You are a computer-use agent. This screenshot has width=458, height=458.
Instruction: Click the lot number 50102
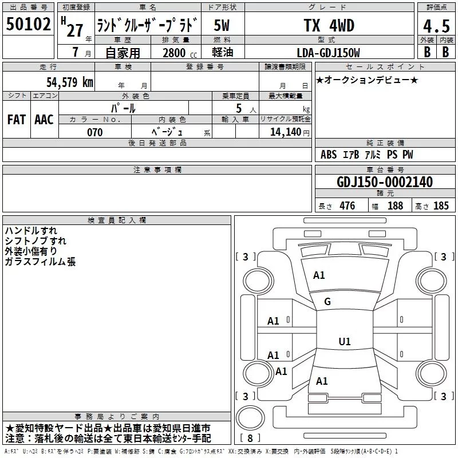[x=29, y=25]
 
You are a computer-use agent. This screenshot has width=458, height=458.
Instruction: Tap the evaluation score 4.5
[x=436, y=26]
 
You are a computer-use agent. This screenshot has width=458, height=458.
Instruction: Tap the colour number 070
[x=94, y=132]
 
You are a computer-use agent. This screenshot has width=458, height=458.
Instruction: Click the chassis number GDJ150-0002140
[x=384, y=182]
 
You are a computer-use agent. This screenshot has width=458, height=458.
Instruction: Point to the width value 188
[x=395, y=206]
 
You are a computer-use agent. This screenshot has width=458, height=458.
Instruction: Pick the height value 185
[x=441, y=206]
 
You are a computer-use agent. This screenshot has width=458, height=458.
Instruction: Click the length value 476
[x=347, y=206]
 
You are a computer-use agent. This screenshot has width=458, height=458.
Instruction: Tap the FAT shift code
[x=16, y=119]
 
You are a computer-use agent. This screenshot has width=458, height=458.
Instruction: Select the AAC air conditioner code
[x=44, y=119]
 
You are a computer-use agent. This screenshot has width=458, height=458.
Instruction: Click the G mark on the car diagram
[x=327, y=302]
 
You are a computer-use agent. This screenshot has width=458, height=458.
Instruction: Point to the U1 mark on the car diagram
[x=344, y=342]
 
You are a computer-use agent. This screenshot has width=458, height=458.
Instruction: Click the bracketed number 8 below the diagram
[x=251, y=439]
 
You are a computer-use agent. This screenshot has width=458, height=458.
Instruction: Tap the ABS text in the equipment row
[x=329, y=155]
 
